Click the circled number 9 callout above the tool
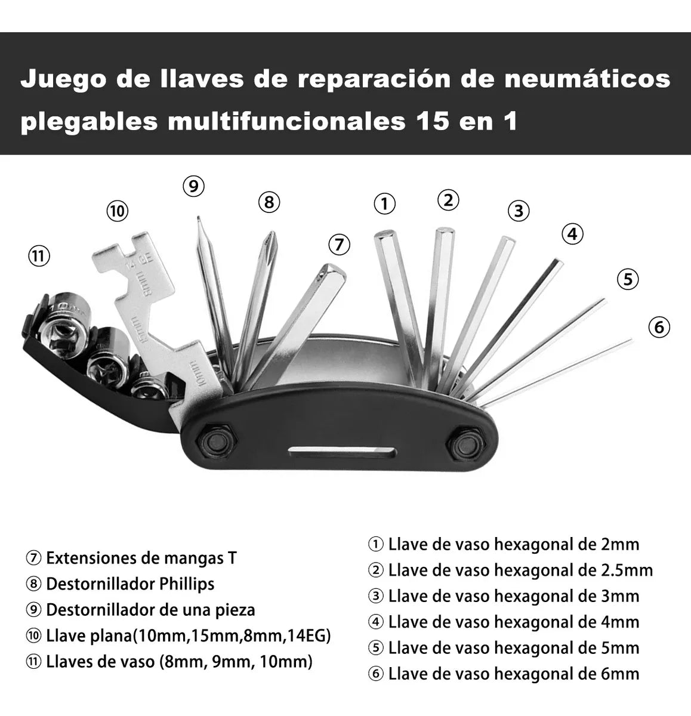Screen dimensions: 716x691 [x=193, y=186]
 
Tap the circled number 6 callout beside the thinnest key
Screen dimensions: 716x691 [x=659, y=327]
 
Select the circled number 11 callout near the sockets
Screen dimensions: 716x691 [x=39, y=257]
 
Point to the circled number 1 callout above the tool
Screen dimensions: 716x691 [x=384, y=204]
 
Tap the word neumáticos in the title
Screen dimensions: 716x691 [x=587, y=79]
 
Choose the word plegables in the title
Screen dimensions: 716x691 [x=89, y=121]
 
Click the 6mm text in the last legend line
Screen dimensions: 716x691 [x=619, y=674]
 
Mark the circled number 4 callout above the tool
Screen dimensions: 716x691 [x=572, y=234]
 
